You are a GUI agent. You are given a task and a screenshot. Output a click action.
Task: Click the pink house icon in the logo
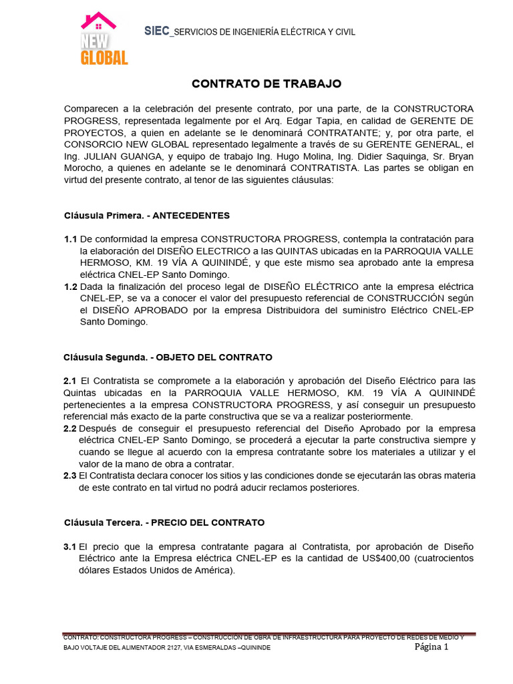[99, 21]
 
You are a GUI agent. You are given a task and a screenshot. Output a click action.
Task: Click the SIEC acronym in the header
[157, 31]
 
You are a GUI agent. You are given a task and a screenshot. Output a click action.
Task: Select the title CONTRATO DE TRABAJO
[257, 83]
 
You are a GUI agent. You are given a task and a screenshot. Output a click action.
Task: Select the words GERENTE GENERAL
[406, 144]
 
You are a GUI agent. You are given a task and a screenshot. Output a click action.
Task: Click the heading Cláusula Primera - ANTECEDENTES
[146, 215]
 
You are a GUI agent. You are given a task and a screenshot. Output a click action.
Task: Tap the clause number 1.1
[70, 238]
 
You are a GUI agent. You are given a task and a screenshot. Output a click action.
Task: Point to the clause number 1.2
[70, 287]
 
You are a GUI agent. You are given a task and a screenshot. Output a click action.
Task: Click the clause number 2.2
[70, 428]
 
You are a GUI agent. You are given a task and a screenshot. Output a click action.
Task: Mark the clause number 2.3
[70, 476]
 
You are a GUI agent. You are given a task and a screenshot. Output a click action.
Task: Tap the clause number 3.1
[70, 546]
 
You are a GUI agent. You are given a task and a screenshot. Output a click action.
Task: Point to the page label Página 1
[432, 647]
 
